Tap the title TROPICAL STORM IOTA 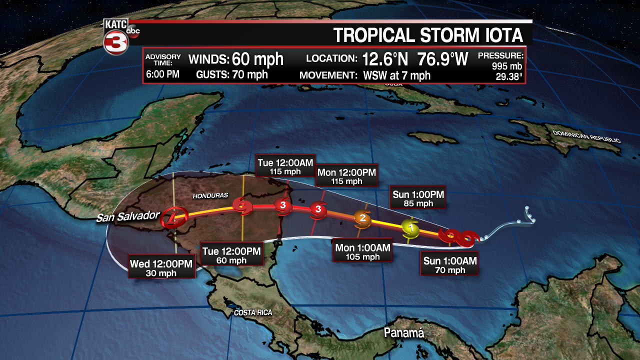click(428, 35)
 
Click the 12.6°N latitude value click(385, 59)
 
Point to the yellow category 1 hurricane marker click(410, 227)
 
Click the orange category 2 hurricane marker click(362, 217)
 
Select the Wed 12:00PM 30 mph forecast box click(161, 268)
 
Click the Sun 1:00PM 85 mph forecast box click(418, 198)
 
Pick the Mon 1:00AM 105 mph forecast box click(363, 252)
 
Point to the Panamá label click(403, 333)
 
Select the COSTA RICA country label click(253, 312)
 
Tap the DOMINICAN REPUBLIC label click(586, 136)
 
